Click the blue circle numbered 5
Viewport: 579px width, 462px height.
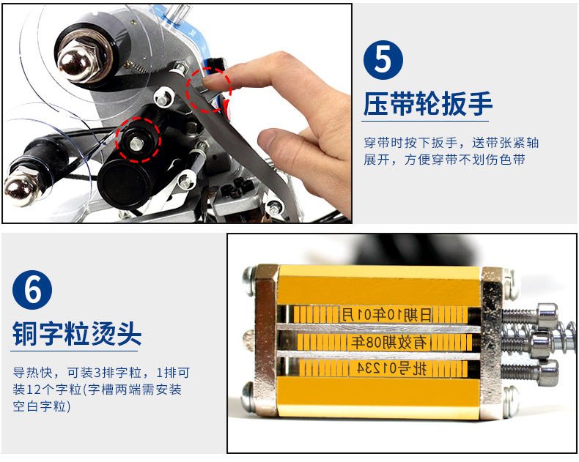[383, 60]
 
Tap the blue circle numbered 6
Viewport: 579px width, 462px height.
[32, 290]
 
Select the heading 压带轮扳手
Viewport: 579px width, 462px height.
[428, 104]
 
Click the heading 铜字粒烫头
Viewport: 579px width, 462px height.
[77, 334]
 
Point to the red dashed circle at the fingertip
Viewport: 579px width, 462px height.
[209, 89]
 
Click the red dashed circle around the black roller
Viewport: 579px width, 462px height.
[138, 140]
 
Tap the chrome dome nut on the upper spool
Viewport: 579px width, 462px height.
[75, 62]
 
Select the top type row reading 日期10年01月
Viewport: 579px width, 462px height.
[386, 315]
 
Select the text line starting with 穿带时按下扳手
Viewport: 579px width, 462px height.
[451, 143]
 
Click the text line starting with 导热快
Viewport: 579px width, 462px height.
[101, 373]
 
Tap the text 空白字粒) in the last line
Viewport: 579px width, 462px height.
[41, 406]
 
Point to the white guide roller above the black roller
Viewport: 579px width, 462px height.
[163, 98]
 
